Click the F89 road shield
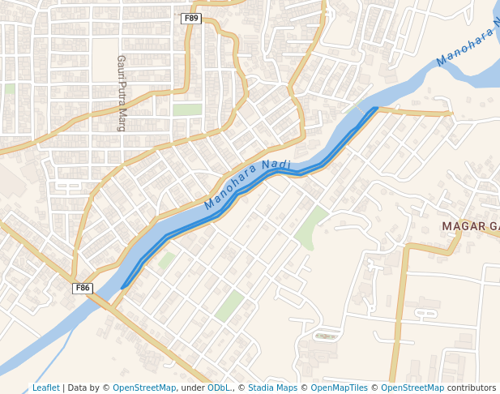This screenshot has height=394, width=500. (190, 18)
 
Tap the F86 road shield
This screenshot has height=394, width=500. (83, 288)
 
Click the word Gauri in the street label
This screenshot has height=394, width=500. (122, 66)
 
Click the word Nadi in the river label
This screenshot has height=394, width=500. (276, 166)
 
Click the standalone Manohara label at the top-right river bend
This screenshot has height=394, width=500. (466, 49)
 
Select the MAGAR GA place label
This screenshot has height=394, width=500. (470, 225)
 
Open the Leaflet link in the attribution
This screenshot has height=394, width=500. (45, 388)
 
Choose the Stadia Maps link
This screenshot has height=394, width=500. (272, 388)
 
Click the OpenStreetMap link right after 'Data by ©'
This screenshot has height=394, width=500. (144, 388)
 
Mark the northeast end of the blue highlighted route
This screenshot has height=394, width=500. (375, 109)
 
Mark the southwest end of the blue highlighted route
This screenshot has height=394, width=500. (123, 287)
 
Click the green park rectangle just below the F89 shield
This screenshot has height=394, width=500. (187, 109)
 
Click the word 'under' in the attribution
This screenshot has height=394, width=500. (193, 388)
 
